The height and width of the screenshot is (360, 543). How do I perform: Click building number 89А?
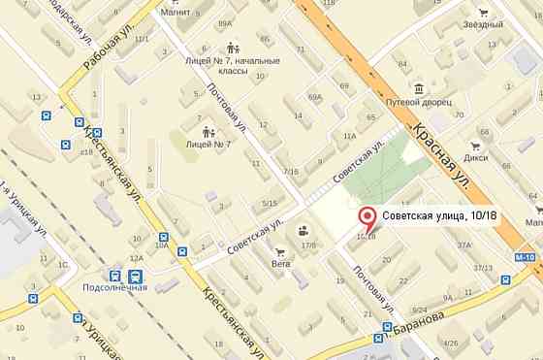[225, 23]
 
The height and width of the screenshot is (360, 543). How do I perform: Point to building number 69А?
[314, 97]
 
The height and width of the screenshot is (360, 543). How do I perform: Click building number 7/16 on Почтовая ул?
[290, 172]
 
